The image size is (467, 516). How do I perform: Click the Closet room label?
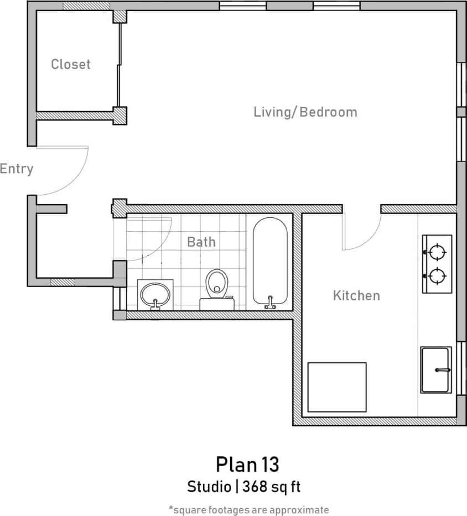tap(70, 64)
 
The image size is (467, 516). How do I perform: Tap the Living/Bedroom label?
tap(305, 112)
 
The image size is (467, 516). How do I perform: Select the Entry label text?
tap(17, 169)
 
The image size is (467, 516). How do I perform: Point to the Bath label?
tap(201, 242)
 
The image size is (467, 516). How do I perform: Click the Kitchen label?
tap(356, 295)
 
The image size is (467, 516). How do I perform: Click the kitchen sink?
tap(435, 369)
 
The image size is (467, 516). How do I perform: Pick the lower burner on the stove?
tap(437, 275)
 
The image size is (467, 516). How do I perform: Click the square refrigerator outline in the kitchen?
tap(336, 387)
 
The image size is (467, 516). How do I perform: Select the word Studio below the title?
tap(209, 487)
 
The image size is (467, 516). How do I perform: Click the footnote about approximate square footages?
tap(248, 509)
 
